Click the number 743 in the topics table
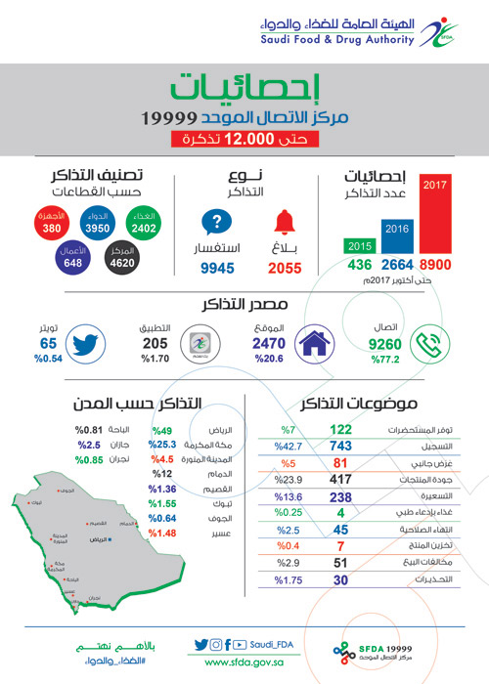[341, 445]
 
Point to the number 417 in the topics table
[341, 479]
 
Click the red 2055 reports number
[283, 268]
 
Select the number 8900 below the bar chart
[435, 266]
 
